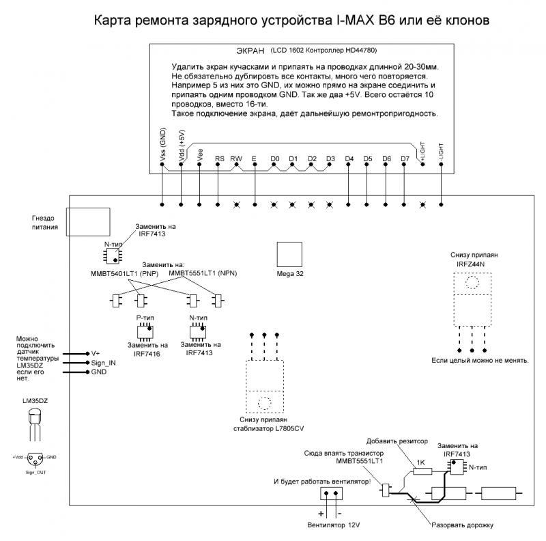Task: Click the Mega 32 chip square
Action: [289, 255]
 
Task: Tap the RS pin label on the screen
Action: [220, 158]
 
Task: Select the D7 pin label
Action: [405, 158]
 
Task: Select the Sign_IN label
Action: [103, 363]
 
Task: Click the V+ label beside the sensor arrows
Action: [96, 353]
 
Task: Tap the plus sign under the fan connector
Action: [319, 512]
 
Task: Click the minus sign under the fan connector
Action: [340, 512]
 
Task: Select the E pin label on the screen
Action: [254, 158]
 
